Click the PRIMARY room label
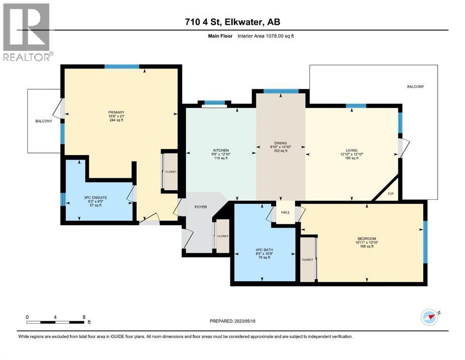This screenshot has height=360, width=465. [x=116, y=112]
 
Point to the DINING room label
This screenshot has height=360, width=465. [x=280, y=143]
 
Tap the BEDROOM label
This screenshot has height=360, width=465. [x=366, y=239]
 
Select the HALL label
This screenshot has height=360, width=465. [x=286, y=212]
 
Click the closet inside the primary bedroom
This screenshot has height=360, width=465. [x=170, y=172]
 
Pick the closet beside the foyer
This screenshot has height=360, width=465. [x=222, y=236]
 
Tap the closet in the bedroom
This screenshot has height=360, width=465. [x=307, y=259]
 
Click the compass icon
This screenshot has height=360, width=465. [x=429, y=317]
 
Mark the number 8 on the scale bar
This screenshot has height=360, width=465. [x=84, y=317]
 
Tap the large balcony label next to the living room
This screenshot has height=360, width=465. [x=415, y=87]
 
